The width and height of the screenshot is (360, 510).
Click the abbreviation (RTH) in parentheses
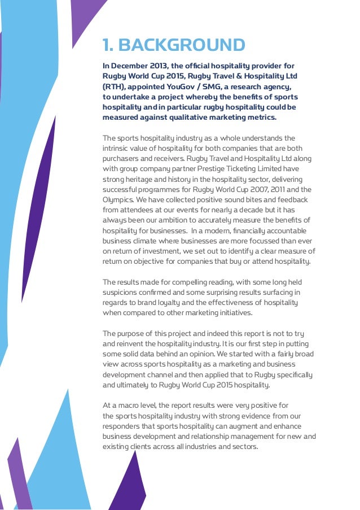(115, 86)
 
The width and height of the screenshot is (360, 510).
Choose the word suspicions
(121, 292)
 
